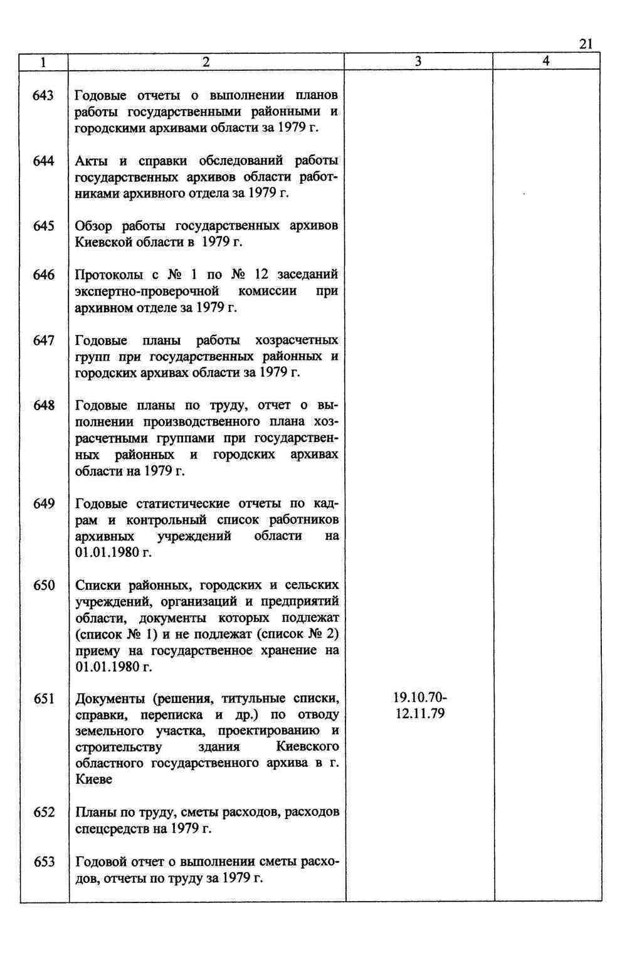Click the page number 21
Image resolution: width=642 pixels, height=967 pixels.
click(x=586, y=43)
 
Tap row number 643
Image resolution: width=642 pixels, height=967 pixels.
click(x=44, y=95)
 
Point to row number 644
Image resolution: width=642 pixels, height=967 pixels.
click(x=44, y=161)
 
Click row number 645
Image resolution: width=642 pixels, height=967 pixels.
click(x=44, y=226)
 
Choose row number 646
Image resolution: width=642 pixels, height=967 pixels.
click(x=44, y=275)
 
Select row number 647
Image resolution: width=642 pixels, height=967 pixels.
click(x=44, y=340)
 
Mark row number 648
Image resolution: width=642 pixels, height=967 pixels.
click(x=44, y=405)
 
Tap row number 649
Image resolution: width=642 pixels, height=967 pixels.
click(x=44, y=504)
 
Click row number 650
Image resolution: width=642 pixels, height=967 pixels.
click(x=44, y=585)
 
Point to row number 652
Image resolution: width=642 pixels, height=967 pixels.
click(x=44, y=812)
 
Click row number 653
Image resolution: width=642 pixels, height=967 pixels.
click(x=44, y=862)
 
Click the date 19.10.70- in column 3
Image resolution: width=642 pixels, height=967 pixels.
click(x=420, y=698)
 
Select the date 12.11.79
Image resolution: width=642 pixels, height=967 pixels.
click(x=420, y=714)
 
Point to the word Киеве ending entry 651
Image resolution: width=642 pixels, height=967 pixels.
click(x=93, y=779)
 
